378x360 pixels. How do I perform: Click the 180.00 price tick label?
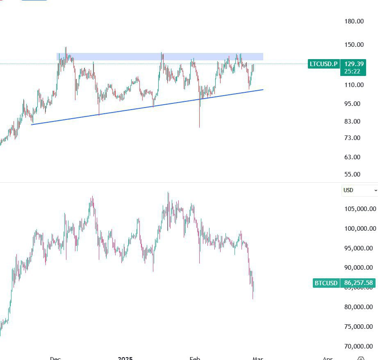click(x=354, y=21)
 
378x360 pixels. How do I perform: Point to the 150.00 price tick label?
click(x=354, y=45)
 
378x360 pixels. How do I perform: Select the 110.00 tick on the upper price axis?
click(x=354, y=85)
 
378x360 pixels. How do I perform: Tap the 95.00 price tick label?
click(x=352, y=103)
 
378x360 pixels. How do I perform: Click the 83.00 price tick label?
click(x=352, y=121)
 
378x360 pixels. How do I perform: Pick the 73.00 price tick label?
click(x=352, y=138)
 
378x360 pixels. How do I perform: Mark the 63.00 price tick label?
click(x=352, y=157)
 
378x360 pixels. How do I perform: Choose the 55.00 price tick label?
click(x=352, y=174)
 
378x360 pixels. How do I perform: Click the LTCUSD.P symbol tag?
click(x=323, y=64)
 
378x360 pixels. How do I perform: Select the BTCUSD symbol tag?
click(x=326, y=283)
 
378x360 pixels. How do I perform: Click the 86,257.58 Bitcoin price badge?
click(x=358, y=283)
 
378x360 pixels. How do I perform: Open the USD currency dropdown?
click(x=360, y=190)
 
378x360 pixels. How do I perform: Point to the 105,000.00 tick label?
click(x=360, y=209)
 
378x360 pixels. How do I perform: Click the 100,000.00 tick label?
click(x=360, y=229)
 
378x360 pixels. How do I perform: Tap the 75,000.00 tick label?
click(x=358, y=327)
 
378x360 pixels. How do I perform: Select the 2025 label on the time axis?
click(x=125, y=358)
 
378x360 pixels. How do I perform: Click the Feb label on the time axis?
click(x=195, y=358)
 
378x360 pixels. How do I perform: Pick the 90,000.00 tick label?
click(x=358, y=268)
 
